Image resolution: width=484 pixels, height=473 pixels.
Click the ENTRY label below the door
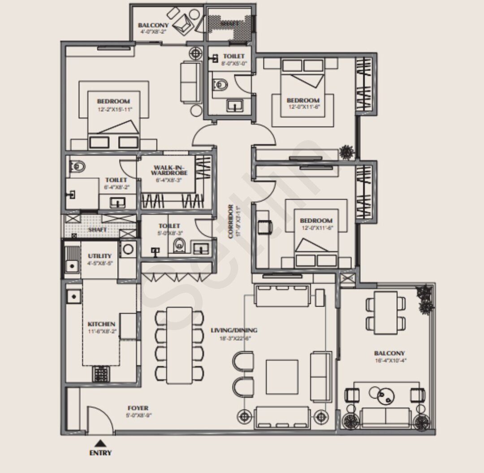(100, 453)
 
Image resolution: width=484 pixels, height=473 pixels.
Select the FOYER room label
(138, 408)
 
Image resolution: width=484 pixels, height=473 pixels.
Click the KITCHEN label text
(101, 324)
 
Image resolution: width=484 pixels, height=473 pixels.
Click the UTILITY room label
(99, 256)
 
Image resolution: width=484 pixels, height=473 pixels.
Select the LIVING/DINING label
(234, 330)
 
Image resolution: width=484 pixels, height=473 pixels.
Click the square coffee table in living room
(282, 377)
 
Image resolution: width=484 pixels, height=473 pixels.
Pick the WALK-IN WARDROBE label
(169, 170)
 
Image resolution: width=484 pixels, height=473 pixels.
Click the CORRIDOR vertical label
(230, 221)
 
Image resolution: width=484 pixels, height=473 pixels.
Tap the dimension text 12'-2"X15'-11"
(115, 109)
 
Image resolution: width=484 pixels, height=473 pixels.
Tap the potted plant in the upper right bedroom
(346, 152)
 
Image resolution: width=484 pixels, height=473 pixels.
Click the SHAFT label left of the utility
(97, 230)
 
